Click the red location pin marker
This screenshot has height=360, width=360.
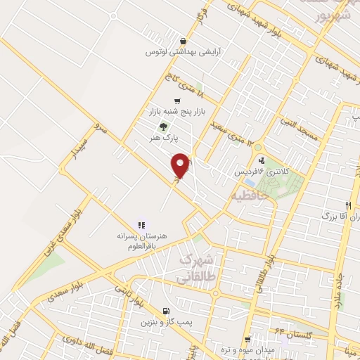click(181, 165)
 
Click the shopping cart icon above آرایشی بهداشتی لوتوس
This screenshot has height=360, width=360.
click(184, 41)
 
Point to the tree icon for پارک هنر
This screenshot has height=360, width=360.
click(164, 127)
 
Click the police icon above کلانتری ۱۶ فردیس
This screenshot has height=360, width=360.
click(262, 160)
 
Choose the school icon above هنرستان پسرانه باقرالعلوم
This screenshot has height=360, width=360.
click(141, 225)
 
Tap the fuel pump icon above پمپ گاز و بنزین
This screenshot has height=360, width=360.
click(165, 310)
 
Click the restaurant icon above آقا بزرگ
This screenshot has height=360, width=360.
click(347, 205)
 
